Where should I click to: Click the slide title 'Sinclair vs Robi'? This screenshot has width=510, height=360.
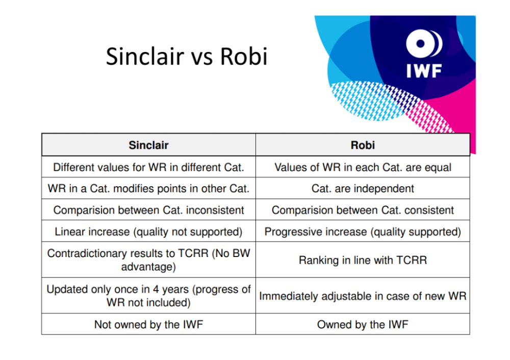tap(186, 56)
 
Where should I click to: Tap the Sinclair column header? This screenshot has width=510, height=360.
tap(148, 145)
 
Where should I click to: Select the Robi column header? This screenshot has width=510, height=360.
tap(363, 145)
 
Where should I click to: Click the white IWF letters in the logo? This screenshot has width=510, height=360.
tap(424, 71)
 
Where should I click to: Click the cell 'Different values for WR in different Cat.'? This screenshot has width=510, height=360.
tap(148, 167)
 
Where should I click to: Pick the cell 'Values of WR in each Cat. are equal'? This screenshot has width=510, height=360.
tap(363, 167)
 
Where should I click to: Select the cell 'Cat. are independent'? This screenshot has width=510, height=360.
tap(363, 188)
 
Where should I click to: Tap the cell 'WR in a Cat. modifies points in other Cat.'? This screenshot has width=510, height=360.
tap(148, 188)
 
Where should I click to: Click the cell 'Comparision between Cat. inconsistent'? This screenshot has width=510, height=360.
tap(148, 210)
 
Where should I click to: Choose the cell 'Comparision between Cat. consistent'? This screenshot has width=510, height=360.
tap(363, 210)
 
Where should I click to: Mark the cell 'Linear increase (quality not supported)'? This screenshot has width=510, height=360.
tap(148, 232)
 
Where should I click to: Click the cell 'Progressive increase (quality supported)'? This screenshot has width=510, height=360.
tap(363, 232)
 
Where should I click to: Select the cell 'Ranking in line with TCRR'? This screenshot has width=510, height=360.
tap(363, 260)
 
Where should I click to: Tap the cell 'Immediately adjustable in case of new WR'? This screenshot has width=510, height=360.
tap(363, 296)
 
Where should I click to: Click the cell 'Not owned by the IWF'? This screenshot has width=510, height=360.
tap(148, 324)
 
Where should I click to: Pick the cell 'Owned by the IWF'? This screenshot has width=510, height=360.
tap(363, 324)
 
